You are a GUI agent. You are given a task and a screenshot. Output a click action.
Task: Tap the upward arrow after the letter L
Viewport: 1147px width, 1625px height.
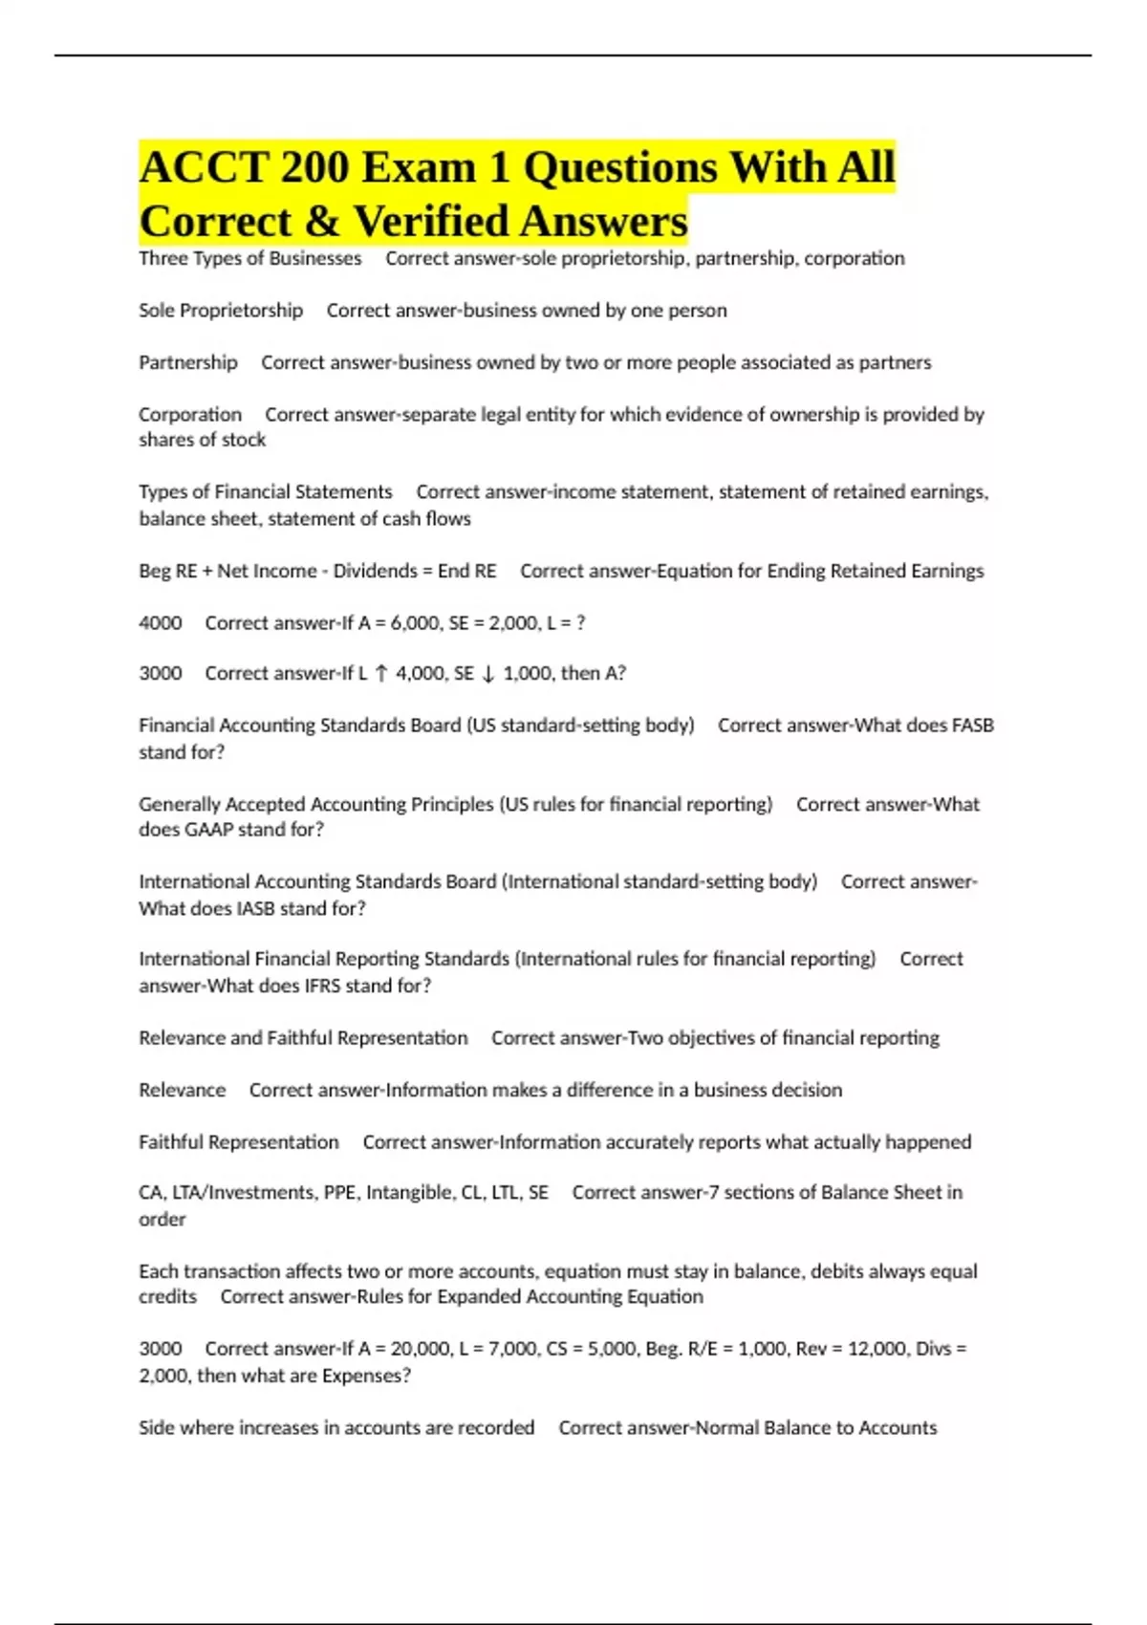(380, 674)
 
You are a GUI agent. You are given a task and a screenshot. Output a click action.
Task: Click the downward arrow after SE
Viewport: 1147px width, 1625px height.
(487, 674)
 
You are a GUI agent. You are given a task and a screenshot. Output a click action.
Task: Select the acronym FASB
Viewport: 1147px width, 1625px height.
(973, 726)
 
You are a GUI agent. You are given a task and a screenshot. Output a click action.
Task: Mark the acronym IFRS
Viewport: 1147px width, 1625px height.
(308, 986)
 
